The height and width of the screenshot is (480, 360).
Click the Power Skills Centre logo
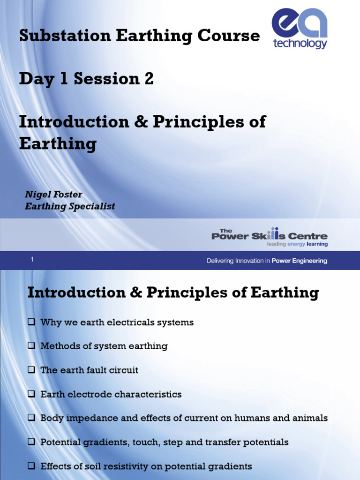tap(270, 237)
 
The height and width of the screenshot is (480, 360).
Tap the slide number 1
tap(32, 259)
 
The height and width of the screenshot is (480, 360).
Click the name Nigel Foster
tap(53, 195)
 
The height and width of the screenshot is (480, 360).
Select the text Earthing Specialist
tap(70, 206)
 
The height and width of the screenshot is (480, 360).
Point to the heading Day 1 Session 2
tap(86, 79)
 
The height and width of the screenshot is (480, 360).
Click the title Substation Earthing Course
tap(139, 36)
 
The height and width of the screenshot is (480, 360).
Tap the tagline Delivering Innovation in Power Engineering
tap(267, 261)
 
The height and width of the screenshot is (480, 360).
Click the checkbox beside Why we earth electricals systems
tap(31, 322)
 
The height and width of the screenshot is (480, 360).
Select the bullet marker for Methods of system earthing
tap(31, 346)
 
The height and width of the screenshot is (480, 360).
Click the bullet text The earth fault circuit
tap(89, 370)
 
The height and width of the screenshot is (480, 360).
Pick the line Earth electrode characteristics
tap(111, 394)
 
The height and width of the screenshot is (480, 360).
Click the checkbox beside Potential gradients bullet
tap(31, 442)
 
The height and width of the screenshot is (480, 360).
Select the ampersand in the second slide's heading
tap(136, 293)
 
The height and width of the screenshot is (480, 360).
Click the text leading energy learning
tap(297, 244)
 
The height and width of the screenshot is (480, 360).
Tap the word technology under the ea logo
tap(300, 44)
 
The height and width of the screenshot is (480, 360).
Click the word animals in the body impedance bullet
tap(310, 418)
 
